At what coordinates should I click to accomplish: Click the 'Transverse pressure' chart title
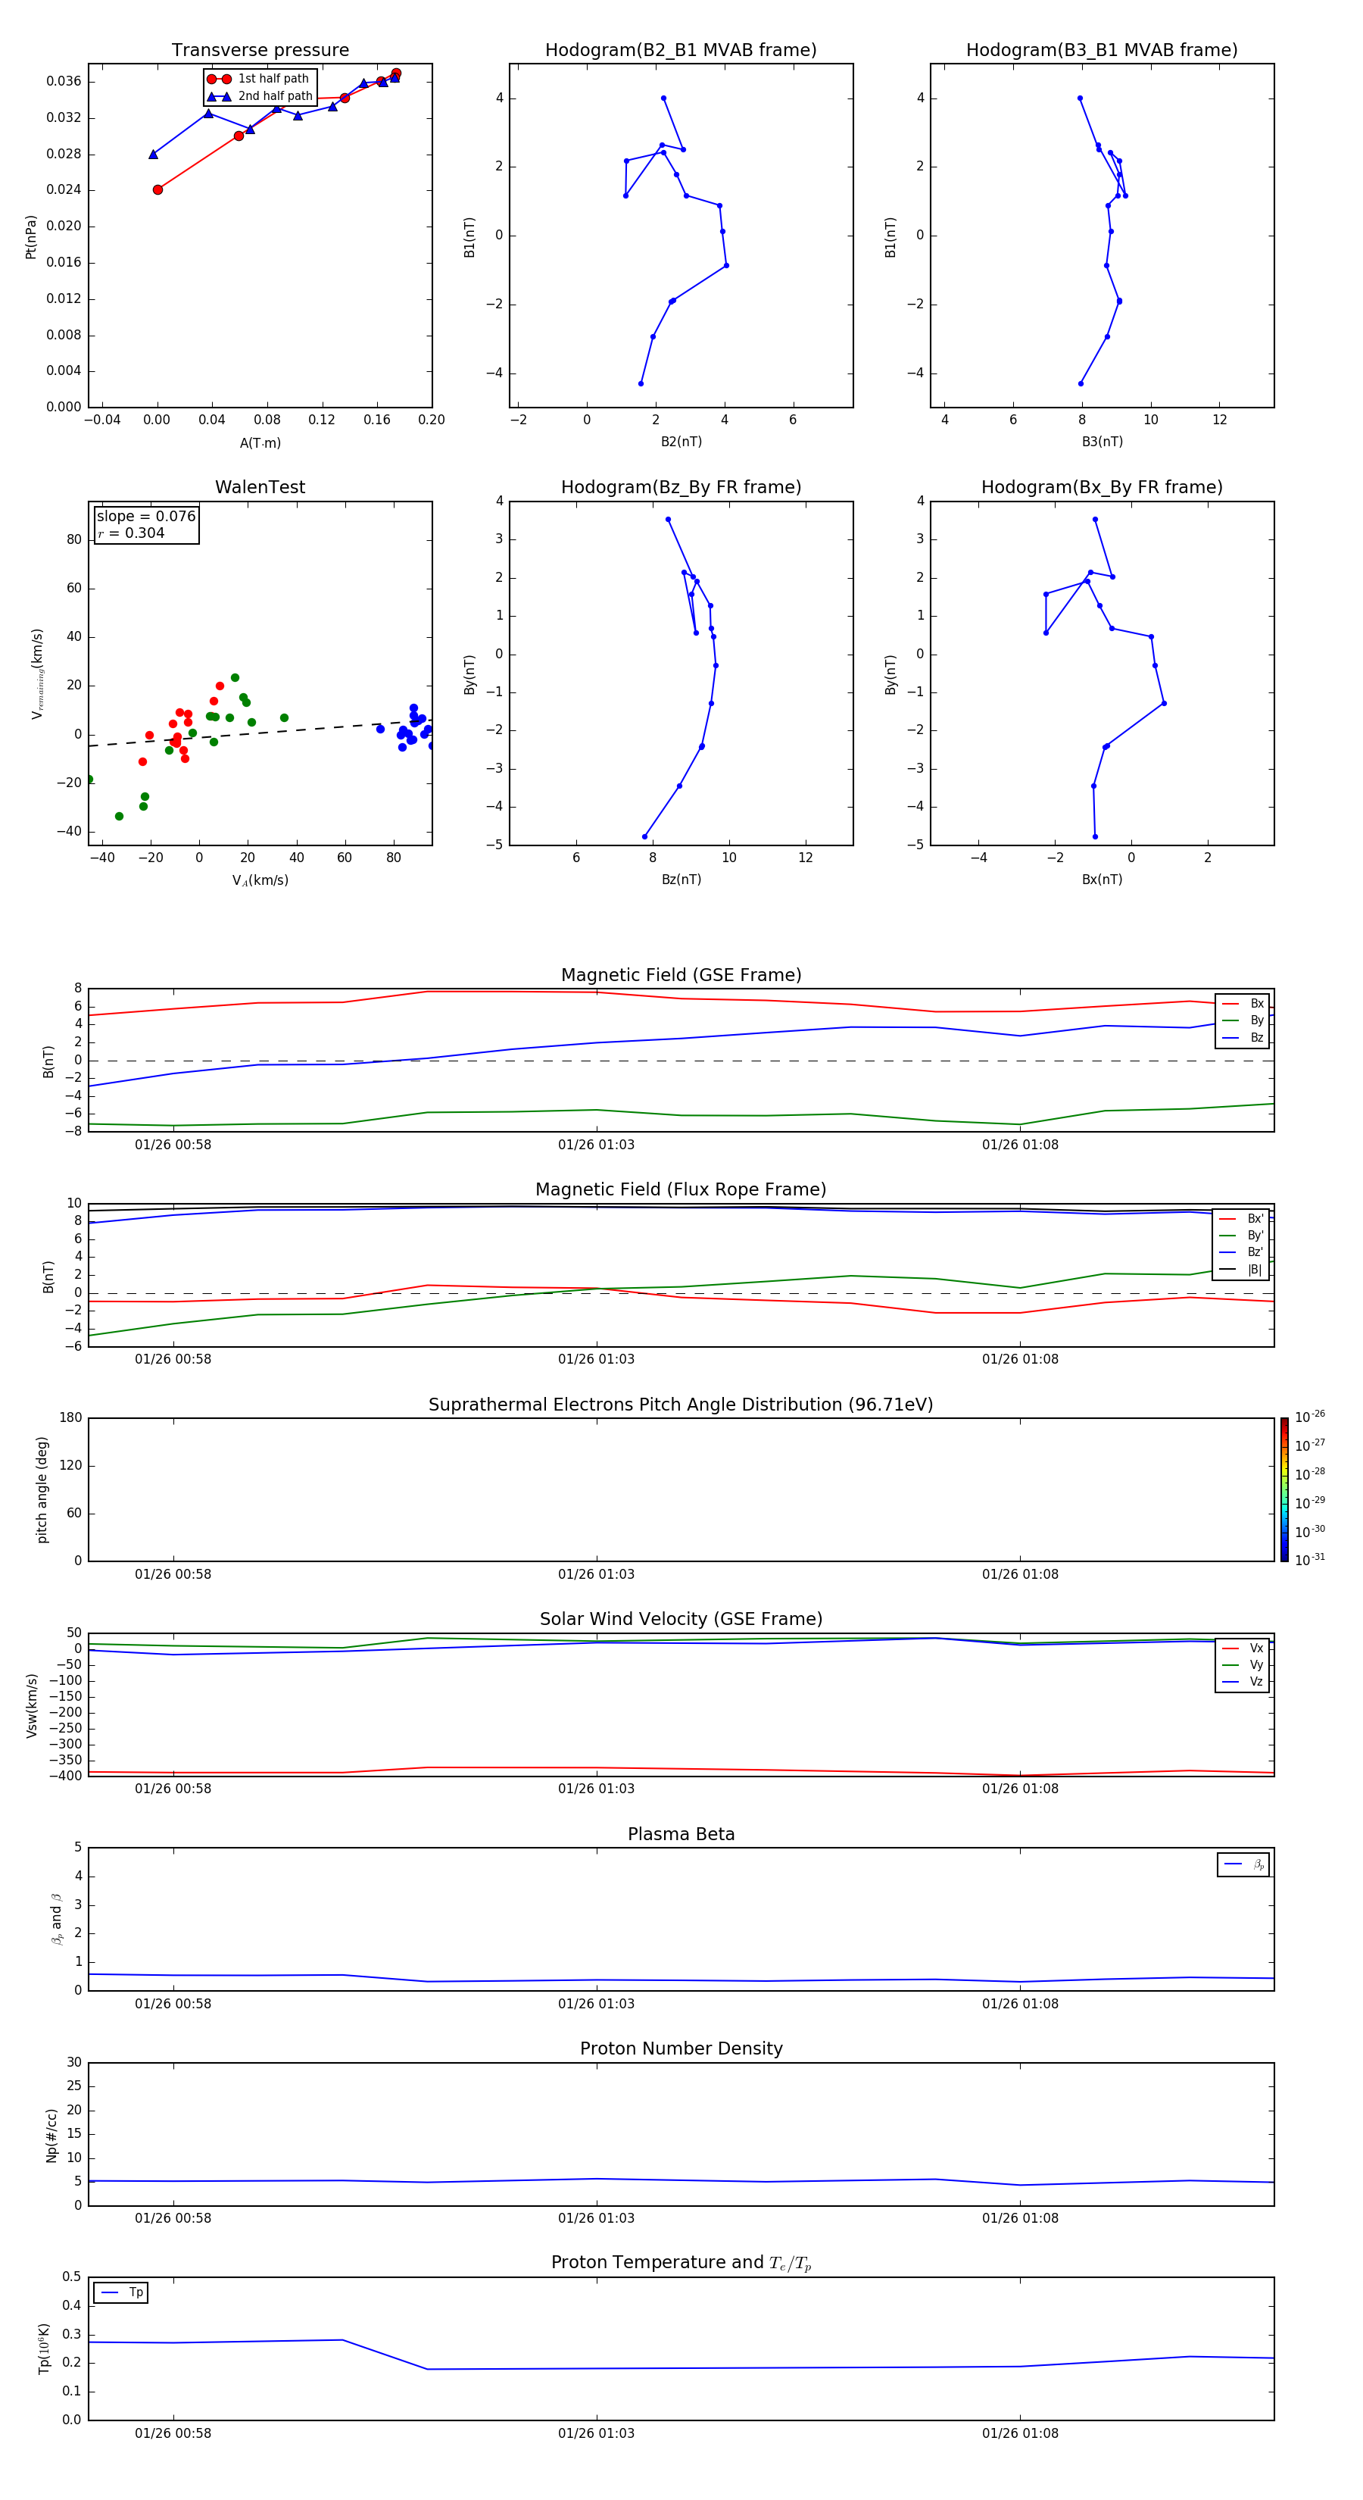click(260, 51)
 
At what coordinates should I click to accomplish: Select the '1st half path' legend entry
click(273, 79)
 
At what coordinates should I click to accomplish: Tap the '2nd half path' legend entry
click(275, 96)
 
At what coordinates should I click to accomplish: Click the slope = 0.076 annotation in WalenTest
click(145, 517)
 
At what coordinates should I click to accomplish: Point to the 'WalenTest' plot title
click(260, 487)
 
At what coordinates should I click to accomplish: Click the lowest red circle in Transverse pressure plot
click(158, 189)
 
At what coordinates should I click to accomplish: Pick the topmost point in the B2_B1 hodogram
click(663, 98)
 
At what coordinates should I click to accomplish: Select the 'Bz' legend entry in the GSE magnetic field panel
click(1256, 1037)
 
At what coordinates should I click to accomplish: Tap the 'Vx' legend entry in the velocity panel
click(1256, 1648)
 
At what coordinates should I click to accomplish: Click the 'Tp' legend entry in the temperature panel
click(136, 2292)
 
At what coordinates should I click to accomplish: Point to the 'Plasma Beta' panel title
click(681, 1834)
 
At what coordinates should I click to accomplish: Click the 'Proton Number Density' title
click(681, 2048)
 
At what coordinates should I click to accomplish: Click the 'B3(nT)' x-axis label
click(1102, 442)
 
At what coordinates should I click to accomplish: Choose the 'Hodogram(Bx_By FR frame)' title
click(1101, 487)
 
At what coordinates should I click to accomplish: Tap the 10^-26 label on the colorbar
click(1310, 1417)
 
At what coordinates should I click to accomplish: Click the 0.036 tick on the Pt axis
click(64, 82)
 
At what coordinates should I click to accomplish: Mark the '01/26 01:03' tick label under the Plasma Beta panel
click(596, 2003)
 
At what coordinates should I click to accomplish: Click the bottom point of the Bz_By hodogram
click(644, 836)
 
